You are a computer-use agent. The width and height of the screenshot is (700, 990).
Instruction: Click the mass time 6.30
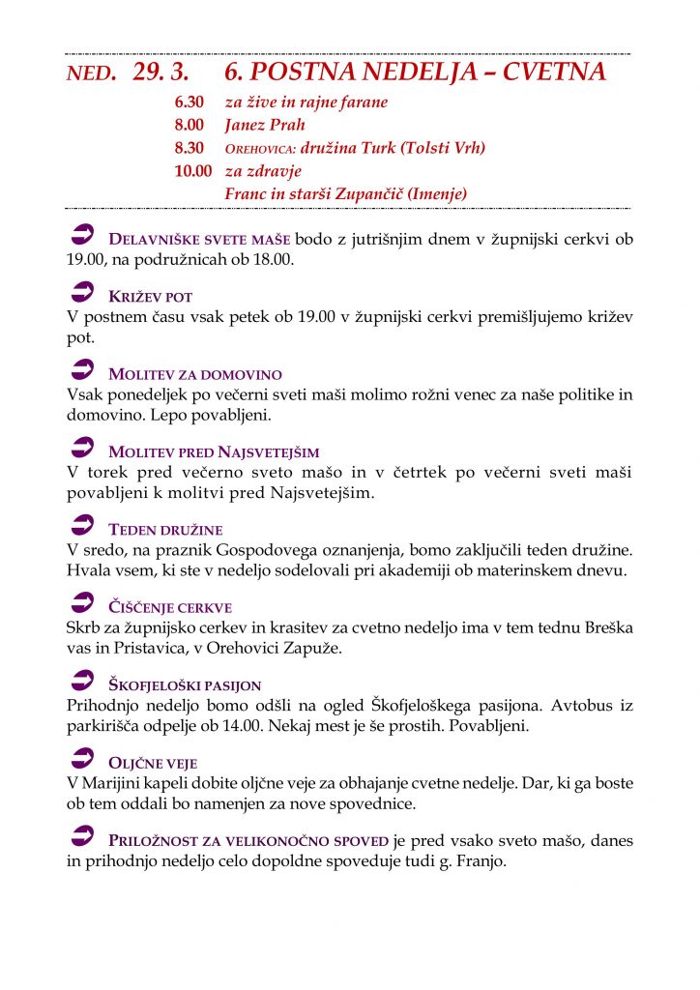click(190, 102)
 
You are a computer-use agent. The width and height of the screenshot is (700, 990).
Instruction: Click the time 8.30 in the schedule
click(190, 148)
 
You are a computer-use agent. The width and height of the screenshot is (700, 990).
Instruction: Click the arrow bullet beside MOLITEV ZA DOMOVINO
click(82, 371)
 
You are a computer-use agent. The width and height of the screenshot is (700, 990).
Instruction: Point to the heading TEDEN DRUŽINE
click(166, 530)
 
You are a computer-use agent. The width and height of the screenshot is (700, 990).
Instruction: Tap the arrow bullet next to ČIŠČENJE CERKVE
click(82, 605)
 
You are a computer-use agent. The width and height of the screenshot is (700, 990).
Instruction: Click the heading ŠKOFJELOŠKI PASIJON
click(185, 685)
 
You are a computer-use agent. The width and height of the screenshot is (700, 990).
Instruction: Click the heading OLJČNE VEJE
click(153, 764)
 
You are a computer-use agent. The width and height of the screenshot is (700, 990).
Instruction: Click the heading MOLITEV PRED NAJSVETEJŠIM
click(214, 451)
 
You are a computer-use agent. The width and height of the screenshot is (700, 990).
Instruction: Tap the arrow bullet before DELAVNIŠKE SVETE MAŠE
click(82, 235)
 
